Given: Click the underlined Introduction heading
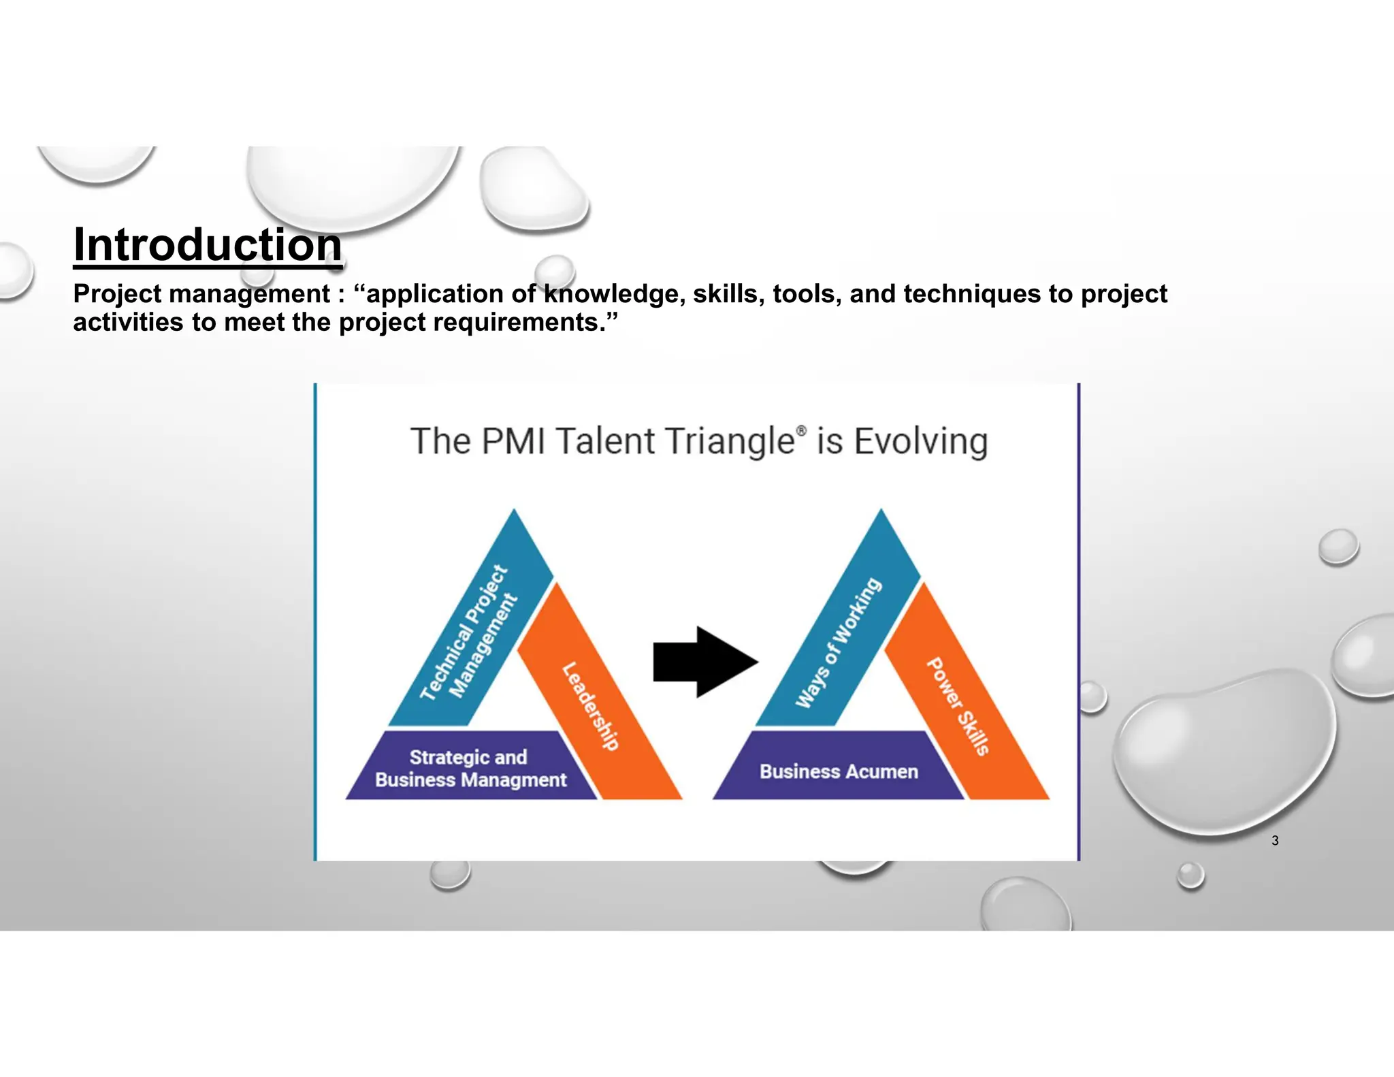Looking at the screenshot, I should pos(208,245).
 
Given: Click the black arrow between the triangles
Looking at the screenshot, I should pos(704,662).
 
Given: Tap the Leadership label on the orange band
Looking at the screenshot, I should pos(591,706).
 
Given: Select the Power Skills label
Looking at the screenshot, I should pos(957,707).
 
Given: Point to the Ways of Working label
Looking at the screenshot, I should pos(838,643).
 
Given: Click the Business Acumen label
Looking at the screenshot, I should pos(839,771).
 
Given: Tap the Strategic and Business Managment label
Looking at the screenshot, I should pos(470,769).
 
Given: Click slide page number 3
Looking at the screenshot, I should pos(1275,841).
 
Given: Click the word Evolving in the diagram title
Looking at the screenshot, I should pos(920,441).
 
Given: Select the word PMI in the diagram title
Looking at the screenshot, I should pos(513,441).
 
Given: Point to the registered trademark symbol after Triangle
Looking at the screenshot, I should pos(801,430).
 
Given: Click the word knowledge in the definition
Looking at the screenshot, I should pos(614,294).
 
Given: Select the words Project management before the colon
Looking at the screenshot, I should pos(201,294).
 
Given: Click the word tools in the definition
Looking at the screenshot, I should pos(803,294).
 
